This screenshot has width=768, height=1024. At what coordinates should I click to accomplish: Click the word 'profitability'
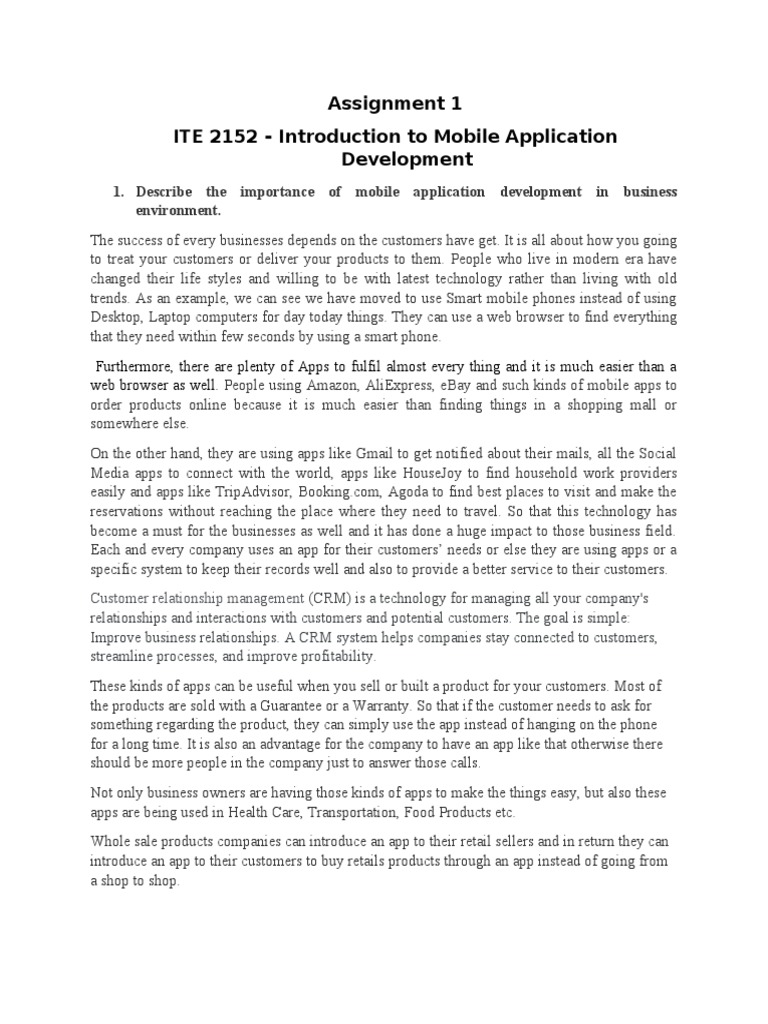[330, 658]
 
